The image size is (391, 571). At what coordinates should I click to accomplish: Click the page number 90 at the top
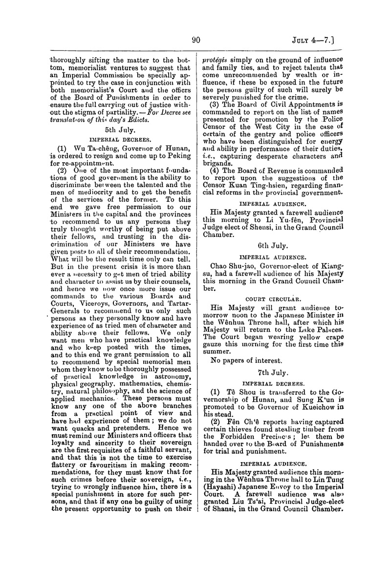point(197,41)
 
